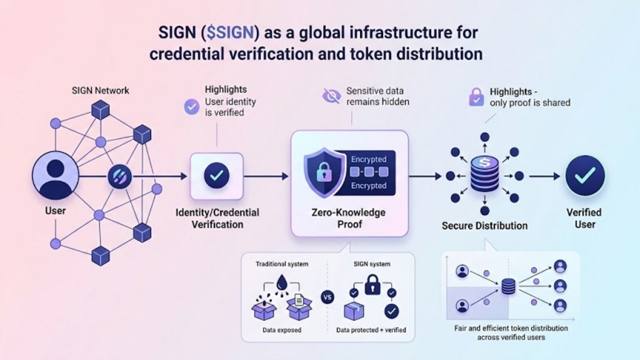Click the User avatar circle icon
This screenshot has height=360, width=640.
pyautogui.click(x=55, y=175)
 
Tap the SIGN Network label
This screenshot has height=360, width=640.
pyautogui.click(x=100, y=90)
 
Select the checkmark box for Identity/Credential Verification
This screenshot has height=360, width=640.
pyautogui.click(x=217, y=175)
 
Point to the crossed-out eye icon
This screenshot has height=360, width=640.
pyautogui.click(x=331, y=96)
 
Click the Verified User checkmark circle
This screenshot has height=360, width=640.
pyautogui.click(x=585, y=175)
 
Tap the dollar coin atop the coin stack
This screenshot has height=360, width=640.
pyautogui.click(x=484, y=163)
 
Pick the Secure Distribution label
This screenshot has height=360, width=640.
pyautogui.click(x=484, y=225)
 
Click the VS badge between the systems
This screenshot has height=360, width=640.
pyautogui.click(x=327, y=298)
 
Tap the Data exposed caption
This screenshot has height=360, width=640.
pyautogui.click(x=282, y=330)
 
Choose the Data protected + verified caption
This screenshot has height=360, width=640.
pyautogui.click(x=371, y=330)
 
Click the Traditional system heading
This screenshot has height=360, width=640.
pyautogui.click(x=282, y=263)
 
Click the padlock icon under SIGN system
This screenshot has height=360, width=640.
pyautogui.click(x=371, y=286)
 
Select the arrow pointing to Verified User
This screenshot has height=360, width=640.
pyautogui.click(x=544, y=176)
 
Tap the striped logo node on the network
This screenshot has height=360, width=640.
pyautogui.click(x=119, y=176)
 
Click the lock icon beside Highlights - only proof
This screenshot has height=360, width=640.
pyautogui.click(x=476, y=97)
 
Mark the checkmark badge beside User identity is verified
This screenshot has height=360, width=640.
pyautogui.click(x=191, y=106)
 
